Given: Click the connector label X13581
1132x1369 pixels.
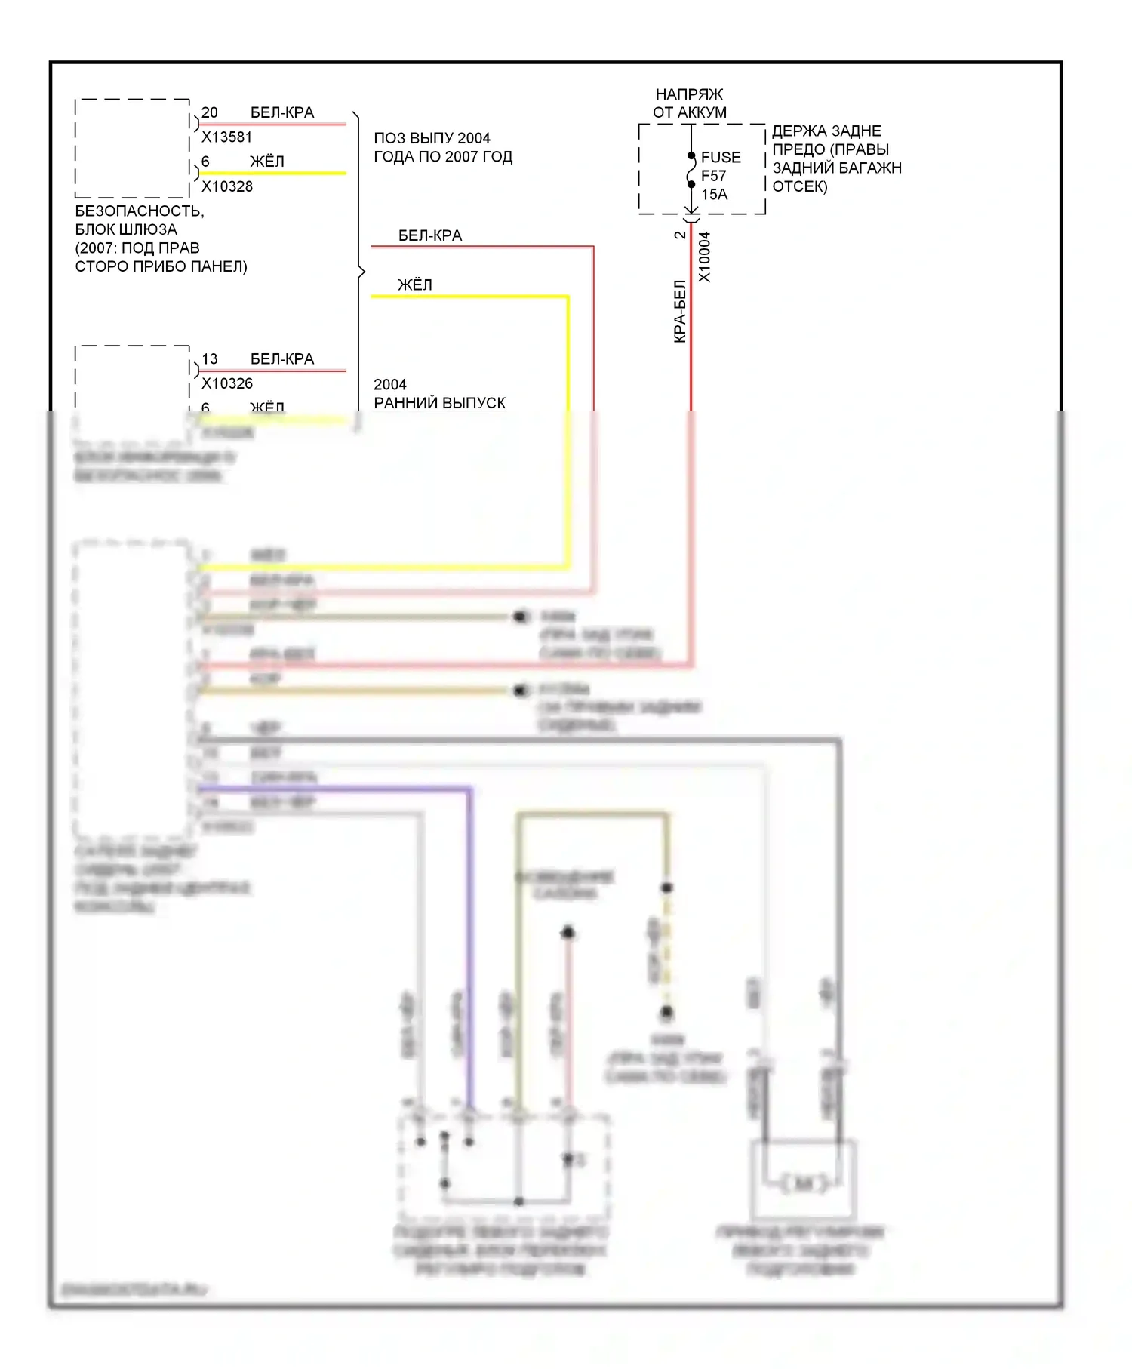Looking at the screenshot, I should click(x=226, y=137).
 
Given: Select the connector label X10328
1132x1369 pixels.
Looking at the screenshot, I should click(x=227, y=186).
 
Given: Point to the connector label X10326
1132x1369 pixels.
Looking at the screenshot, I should click(x=227, y=383).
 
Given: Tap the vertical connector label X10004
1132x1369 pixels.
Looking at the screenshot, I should click(x=704, y=257).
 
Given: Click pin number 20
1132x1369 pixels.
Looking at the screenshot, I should click(x=210, y=112).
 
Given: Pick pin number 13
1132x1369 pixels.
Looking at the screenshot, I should click(x=210, y=359).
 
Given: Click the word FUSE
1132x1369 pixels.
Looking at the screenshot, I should click(x=721, y=158).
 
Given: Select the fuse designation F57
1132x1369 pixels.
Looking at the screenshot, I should click(x=713, y=176).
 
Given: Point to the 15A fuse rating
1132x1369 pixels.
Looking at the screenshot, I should click(x=714, y=194).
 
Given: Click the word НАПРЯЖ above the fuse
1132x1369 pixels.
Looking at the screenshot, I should click(x=689, y=94).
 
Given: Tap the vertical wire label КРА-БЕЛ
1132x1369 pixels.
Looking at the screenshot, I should click(x=680, y=311).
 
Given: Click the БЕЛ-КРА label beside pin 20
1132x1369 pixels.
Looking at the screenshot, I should click(x=281, y=112).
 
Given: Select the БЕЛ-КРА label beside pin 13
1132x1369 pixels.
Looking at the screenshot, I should click(x=281, y=359).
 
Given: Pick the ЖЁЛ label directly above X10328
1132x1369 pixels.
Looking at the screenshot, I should click(x=267, y=162).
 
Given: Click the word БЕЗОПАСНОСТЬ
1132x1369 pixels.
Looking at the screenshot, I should click(x=140, y=211).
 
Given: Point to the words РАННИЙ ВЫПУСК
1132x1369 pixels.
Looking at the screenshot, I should click(x=439, y=403).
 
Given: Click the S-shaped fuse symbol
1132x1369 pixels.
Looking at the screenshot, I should click(x=691, y=171).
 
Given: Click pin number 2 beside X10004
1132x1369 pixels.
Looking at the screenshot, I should click(x=680, y=235).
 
